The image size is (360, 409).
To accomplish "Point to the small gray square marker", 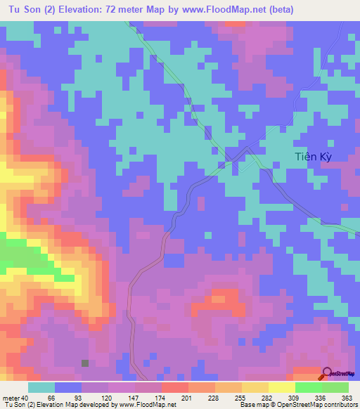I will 85,363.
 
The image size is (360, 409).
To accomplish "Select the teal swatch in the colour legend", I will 42,387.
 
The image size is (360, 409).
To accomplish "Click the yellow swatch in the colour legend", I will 282,387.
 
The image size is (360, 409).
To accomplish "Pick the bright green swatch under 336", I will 309,387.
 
